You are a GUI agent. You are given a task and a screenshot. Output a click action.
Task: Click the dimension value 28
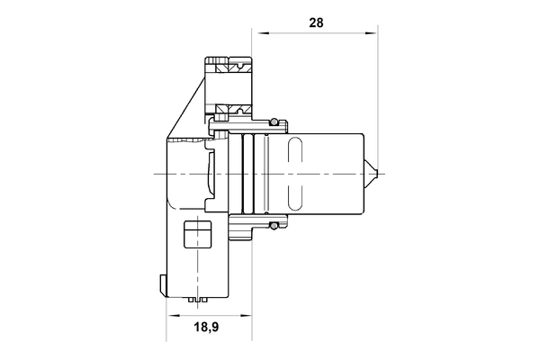click(x=315, y=23)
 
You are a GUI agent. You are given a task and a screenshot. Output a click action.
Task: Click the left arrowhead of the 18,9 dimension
click(x=171, y=316)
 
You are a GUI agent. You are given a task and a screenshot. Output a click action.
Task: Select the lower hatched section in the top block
click(x=229, y=111)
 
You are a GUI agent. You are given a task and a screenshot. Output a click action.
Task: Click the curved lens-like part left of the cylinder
click(x=212, y=171)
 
